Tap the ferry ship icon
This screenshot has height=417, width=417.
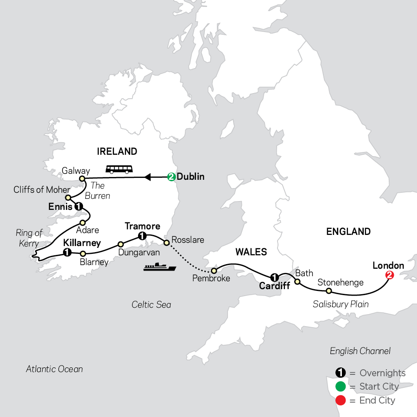point(159,267)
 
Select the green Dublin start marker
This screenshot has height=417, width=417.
point(171,177)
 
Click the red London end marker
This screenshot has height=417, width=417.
point(390,275)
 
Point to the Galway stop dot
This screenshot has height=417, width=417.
point(82,178)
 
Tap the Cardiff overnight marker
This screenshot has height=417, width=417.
point(274,278)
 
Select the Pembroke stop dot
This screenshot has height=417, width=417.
point(214,270)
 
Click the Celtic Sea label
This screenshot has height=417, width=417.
point(151,304)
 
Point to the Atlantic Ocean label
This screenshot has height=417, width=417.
point(54,369)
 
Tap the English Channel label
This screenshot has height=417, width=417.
point(360,351)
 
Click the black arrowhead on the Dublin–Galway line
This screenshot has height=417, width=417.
point(147,177)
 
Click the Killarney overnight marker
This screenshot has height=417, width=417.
point(67,253)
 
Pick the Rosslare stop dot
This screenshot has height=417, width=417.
point(166,242)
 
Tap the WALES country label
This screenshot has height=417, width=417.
point(251,252)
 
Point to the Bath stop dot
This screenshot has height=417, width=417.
point(297,282)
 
